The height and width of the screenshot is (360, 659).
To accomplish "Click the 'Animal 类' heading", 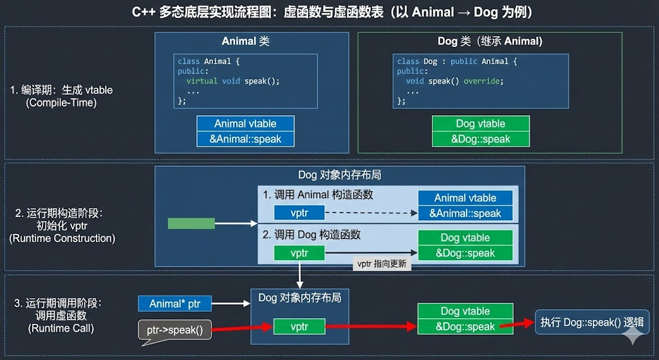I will (245, 41).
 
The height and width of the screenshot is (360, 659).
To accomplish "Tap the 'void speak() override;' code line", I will (454, 81).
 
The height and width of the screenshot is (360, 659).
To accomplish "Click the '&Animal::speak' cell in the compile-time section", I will (245, 138).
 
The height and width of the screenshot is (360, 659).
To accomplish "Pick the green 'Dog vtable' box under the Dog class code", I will (481, 124).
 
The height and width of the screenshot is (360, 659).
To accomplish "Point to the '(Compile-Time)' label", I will (61, 102).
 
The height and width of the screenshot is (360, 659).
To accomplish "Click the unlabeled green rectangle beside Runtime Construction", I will (191, 223).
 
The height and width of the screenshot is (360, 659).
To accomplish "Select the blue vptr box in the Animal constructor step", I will (299, 213).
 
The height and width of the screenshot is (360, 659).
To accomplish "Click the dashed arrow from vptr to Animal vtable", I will (370, 213).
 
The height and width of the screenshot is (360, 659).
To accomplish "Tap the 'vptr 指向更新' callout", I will (382, 264).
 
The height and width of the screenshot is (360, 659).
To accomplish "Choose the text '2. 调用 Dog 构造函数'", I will (311, 234).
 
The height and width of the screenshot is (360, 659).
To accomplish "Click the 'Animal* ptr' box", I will (174, 303).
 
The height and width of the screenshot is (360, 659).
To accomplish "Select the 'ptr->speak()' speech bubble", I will (174, 330).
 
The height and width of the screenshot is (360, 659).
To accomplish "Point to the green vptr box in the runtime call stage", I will (299, 327).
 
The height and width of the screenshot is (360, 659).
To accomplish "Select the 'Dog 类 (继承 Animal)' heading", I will (490, 41).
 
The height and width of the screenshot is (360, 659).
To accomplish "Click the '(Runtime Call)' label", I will (61, 328).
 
